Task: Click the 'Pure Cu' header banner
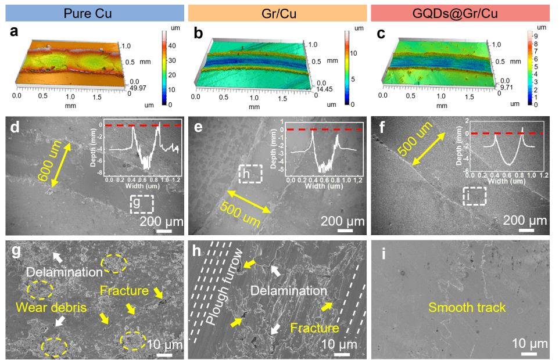tap(93, 12)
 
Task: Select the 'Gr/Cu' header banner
tap(279, 12)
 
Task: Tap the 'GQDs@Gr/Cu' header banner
tap(465, 12)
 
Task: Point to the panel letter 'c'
tap(381, 34)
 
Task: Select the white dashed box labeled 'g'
tap(142, 204)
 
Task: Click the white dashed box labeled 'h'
tap(250, 174)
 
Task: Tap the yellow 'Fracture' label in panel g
tap(123, 290)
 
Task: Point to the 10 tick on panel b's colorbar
tap(355, 53)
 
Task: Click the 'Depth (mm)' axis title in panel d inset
tap(103, 147)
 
